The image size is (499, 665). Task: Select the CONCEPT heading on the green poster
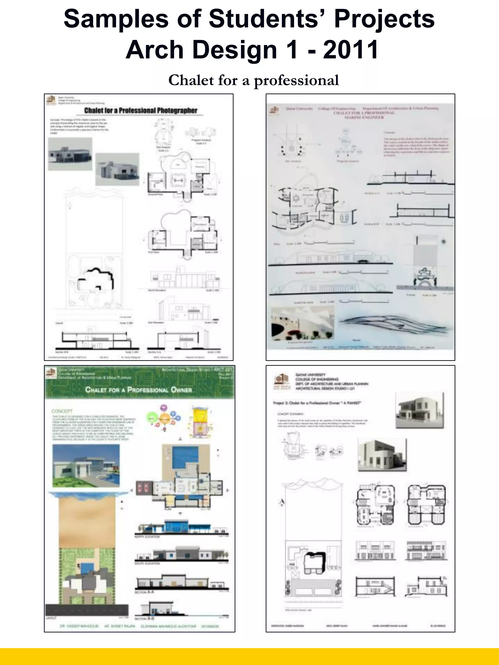coord(62,411)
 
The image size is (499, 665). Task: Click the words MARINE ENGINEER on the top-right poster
coord(364,117)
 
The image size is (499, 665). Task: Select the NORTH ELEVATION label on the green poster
coord(147,537)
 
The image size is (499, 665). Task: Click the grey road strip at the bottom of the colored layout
coord(87,610)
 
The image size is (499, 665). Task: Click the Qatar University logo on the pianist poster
coord(282,382)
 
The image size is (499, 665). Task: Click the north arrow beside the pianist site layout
coord(283,502)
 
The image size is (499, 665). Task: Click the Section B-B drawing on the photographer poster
coord(96,338)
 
